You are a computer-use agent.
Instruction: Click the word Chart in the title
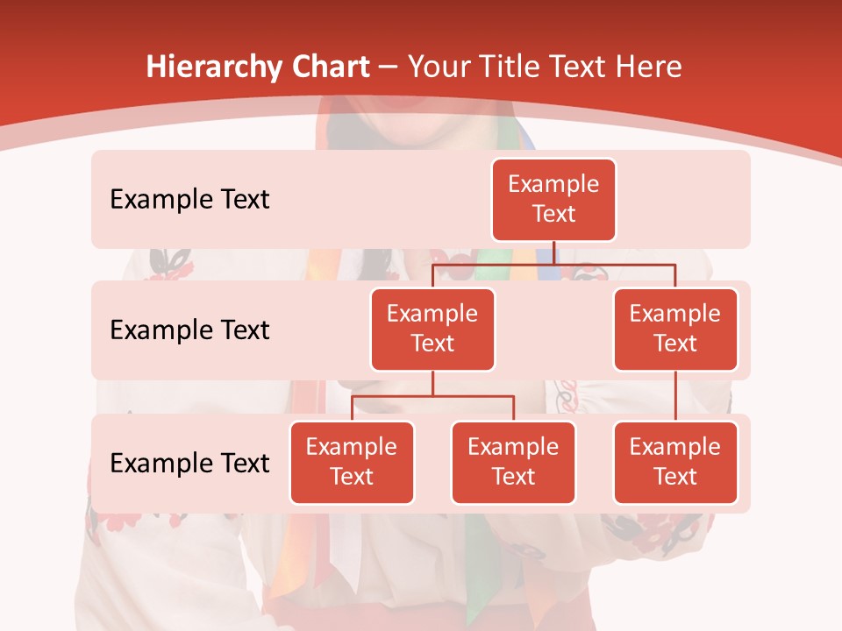point(332,67)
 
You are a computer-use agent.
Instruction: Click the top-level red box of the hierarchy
point(553,200)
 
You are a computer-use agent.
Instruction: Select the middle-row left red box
point(432,330)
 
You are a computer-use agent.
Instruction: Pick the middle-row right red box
point(675,330)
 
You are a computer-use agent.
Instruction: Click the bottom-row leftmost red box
point(352,463)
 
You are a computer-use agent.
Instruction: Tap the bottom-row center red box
point(513,463)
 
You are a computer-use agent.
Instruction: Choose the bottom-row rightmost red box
point(675,463)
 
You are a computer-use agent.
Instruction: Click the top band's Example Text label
point(189,200)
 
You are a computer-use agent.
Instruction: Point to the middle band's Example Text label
point(189,330)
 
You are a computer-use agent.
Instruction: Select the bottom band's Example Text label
point(189,463)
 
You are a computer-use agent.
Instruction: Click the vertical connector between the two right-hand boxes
point(675,396)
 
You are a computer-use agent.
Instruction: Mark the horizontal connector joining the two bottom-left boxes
point(432,396)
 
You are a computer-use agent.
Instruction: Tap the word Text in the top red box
point(553,215)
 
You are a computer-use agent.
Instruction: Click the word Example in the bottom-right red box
point(675,448)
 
